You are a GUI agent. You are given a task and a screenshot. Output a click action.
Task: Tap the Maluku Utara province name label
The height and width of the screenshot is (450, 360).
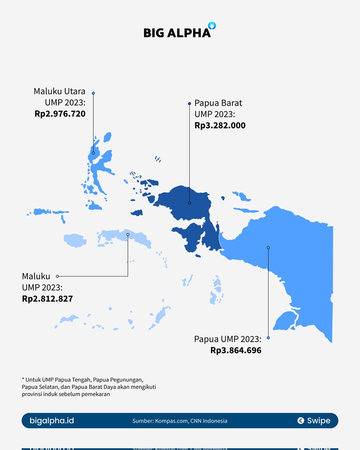coord(60,91)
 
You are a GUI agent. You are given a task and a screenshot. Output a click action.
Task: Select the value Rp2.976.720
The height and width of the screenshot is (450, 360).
coord(60,114)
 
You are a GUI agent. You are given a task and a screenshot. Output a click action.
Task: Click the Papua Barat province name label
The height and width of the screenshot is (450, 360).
coord(218,103)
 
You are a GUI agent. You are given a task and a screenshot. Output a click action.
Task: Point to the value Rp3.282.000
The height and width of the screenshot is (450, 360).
coord(220,126)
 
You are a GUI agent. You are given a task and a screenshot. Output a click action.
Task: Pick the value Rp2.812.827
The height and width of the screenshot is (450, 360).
coord(47,299)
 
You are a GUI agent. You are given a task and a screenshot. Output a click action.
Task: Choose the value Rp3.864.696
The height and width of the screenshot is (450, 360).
coord(236,351)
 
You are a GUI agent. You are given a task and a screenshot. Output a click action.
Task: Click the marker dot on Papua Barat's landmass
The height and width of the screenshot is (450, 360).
coord(189,203)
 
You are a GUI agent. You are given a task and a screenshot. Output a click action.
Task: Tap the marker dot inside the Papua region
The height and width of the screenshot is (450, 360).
coord(268,247)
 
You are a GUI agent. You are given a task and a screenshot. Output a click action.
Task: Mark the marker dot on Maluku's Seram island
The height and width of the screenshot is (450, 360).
coord(128,234)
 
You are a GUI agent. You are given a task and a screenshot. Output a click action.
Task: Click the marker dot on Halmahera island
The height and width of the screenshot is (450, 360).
coord(93,153)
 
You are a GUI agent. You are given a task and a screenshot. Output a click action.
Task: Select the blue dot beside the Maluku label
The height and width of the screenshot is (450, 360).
coord(57,276)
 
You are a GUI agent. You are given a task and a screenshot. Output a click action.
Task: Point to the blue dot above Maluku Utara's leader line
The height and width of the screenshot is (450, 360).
coord(93,93)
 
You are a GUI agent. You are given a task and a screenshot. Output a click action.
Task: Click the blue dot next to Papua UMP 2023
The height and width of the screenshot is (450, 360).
coord(268,338)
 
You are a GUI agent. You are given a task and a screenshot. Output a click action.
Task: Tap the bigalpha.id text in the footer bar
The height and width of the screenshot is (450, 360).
coord(52,421)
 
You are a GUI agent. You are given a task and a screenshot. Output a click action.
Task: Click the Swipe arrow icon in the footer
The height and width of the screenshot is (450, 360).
coord(300,421)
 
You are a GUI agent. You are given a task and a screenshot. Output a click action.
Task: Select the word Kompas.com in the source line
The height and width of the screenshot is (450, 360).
coord(171,421)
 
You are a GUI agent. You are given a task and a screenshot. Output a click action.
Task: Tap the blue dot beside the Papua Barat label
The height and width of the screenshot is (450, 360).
coord(189,103)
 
